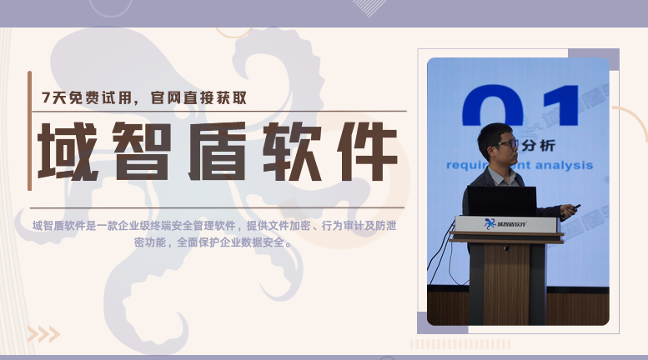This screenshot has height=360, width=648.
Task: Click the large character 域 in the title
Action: click(68, 151)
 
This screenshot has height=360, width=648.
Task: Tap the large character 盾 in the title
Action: click(217, 151)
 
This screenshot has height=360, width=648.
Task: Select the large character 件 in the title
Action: click(367, 151)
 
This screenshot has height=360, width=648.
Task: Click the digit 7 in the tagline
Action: click(46, 97)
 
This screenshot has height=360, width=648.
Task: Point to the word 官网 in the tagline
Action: click(165, 97)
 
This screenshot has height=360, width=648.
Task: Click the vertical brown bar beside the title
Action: click(29, 131)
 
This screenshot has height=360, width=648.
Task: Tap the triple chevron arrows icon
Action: click(44, 334)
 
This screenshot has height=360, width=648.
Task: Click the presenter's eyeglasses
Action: click(507, 144)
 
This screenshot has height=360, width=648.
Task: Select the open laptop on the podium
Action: click(502, 201)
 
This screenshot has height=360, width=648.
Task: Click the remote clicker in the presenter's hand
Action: click(574, 207)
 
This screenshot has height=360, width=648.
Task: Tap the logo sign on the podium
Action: click(506, 224)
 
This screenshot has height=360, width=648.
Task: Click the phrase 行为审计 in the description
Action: click(343, 226)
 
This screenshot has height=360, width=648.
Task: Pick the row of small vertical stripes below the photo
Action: click(460, 344)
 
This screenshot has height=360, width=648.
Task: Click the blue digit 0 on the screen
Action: click(493, 105)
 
